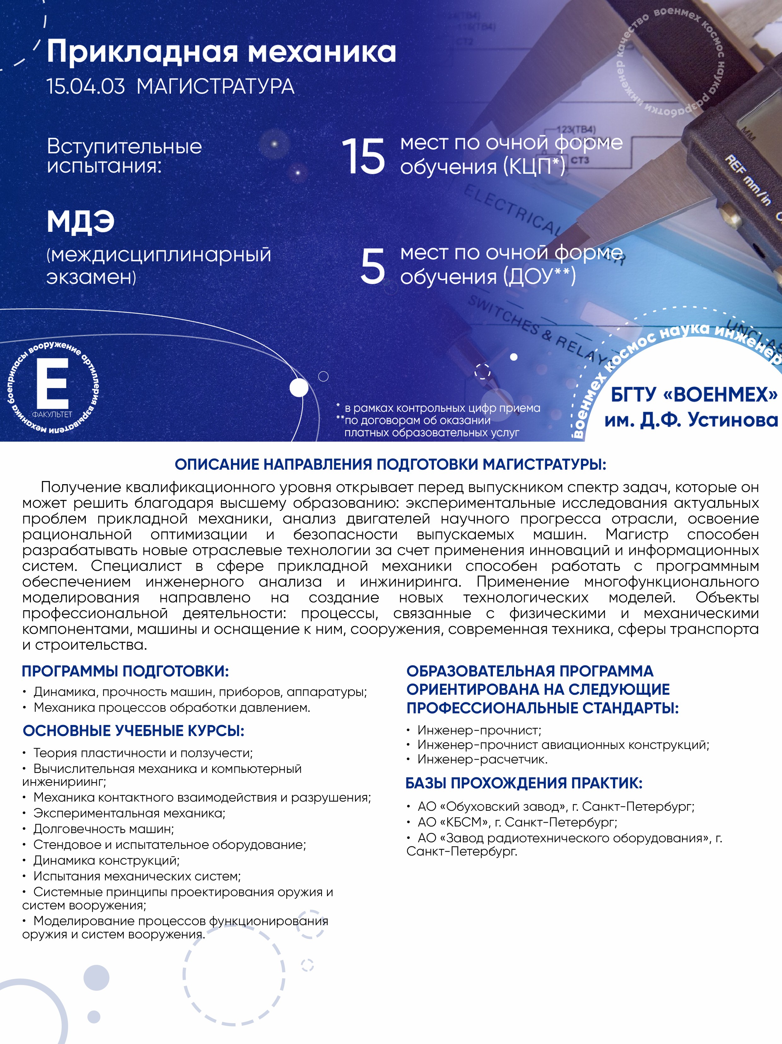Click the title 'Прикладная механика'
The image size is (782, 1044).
coord(221,52)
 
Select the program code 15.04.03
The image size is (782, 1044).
coord(85,87)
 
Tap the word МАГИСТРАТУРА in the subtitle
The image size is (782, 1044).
coord(215,87)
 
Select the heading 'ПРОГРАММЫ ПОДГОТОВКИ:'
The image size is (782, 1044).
coord(125,671)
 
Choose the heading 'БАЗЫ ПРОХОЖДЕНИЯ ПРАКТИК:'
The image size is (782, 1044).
coord(524,783)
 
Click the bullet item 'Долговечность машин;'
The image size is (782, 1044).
coord(103,829)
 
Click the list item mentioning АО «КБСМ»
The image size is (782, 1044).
coord(517,822)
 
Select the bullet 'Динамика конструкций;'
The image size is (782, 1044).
coord(106,861)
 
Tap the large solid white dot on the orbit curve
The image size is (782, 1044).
coord(298,388)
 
